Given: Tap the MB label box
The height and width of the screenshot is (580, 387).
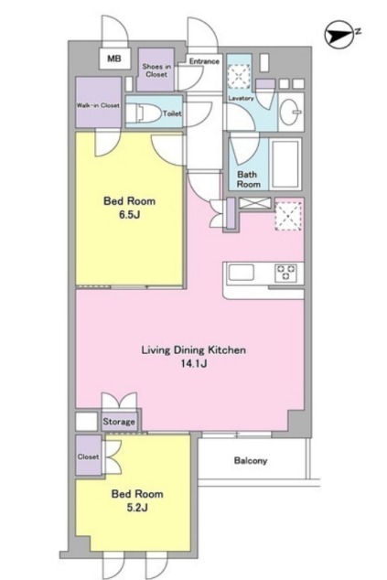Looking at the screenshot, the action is click(114, 59).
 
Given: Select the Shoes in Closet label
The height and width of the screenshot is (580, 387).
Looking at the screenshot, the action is click(156, 70).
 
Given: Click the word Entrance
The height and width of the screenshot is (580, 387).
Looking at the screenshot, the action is click(204, 61).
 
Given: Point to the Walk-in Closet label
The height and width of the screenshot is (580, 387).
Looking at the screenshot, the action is click(98, 105).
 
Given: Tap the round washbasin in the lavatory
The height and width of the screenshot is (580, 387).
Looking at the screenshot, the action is click(290, 112).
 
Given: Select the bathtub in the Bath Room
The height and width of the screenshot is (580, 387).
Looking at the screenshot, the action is click(285, 165).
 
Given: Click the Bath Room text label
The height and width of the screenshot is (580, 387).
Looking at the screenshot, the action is click(248, 179).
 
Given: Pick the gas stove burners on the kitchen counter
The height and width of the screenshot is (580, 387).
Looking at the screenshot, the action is click(285, 273).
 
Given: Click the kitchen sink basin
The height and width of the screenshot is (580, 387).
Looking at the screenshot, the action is click(242, 274).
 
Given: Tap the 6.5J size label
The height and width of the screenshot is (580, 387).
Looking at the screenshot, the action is click(129, 215).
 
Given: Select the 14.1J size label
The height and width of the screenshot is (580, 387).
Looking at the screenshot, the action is click(194, 363).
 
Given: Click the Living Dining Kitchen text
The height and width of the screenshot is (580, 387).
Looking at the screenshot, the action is click(194, 350).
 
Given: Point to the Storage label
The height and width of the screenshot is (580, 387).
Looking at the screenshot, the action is click(119, 422).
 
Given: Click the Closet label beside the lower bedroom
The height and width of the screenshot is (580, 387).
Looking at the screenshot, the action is click(88, 456).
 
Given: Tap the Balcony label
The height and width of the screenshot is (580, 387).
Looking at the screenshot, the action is click(251, 461).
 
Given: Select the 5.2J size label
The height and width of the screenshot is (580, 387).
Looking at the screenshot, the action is click(137, 508).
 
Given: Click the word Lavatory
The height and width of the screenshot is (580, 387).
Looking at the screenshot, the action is click(241, 99).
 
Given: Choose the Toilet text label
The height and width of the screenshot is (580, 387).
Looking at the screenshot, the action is click(172, 113).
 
